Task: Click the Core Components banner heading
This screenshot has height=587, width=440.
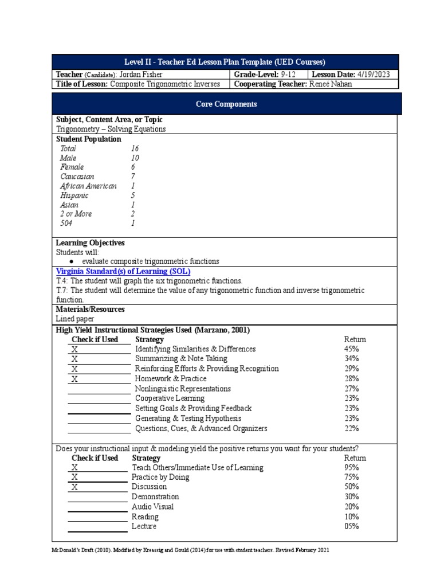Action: pyautogui.click(x=226, y=104)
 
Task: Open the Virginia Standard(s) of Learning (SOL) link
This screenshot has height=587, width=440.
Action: pyautogui.click(x=123, y=271)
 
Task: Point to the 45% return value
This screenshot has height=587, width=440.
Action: pyautogui.click(x=352, y=349)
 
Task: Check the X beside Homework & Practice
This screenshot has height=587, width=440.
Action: pyautogui.click(x=75, y=379)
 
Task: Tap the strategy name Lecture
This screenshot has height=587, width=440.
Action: pyautogui.click(x=144, y=526)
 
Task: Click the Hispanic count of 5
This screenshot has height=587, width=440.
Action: pyautogui.click(x=133, y=195)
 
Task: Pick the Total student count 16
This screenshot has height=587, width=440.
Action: pyautogui.click(x=135, y=148)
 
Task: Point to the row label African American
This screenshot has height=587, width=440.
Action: pyautogui.click(x=88, y=186)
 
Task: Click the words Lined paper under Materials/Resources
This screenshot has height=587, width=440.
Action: pyautogui.click(x=75, y=318)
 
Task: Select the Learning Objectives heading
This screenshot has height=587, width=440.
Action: pyautogui.click(x=90, y=243)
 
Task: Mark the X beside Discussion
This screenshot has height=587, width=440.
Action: pyautogui.click(x=74, y=487)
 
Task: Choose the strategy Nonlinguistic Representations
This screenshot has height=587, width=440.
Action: pyautogui.click(x=183, y=389)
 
